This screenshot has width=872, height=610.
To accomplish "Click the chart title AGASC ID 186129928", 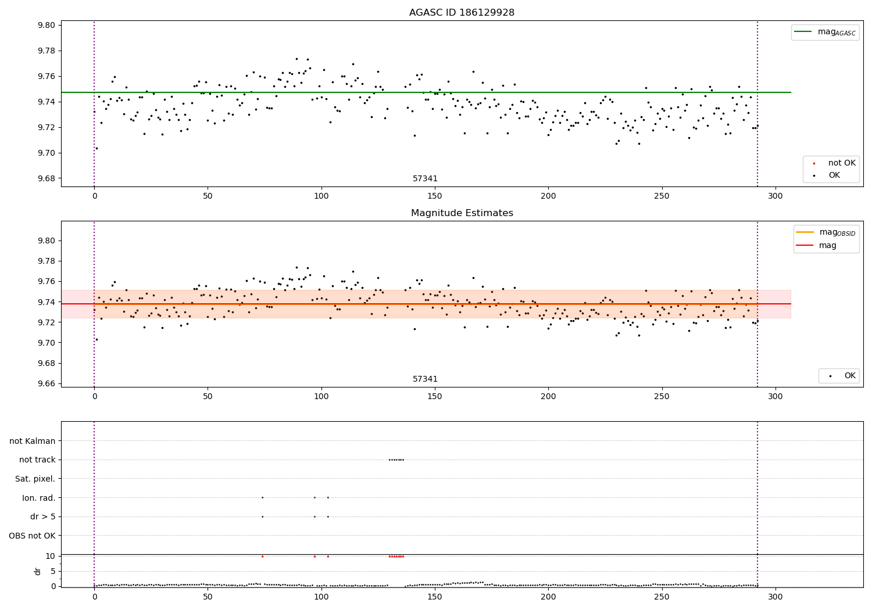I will point(462,13).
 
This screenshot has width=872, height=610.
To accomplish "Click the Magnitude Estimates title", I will point(462,213).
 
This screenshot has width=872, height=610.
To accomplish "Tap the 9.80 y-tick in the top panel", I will point(47,25).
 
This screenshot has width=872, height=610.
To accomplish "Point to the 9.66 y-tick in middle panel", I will point(47,383).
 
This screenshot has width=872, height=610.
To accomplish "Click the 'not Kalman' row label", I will point(33,441).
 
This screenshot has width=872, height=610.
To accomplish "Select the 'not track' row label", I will point(37,460).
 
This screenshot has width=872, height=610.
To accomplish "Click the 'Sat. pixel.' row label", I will point(35,479).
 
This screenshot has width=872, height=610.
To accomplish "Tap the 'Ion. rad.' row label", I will point(39,498).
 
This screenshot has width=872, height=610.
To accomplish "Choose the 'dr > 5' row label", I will point(43,516).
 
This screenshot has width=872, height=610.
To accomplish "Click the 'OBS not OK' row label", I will point(33,536).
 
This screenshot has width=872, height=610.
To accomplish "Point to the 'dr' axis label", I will point(38,571).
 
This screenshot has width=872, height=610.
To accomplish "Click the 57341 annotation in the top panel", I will point(425,179).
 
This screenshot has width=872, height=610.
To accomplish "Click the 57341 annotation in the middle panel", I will point(425,379).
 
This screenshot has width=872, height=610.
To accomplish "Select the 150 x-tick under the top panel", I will point(434,196).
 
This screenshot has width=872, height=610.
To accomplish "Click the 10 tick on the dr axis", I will point(51,556).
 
